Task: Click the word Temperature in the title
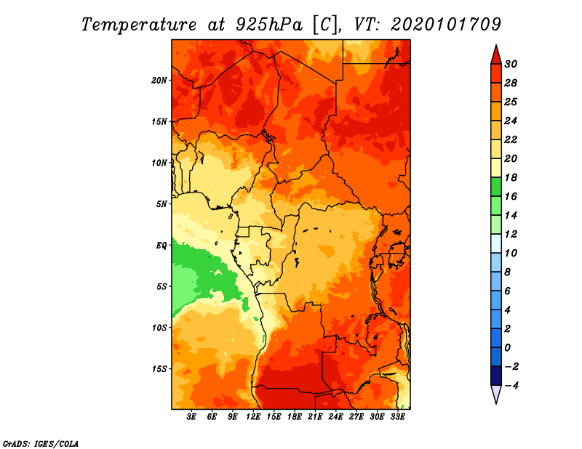pos(139,25)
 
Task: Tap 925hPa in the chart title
pos(269,25)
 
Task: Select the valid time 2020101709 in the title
pos(446,25)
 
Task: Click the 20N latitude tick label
pos(159,81)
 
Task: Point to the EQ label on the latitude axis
pos(161,246)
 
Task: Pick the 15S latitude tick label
pos(159,369)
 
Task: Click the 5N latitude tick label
pos(162,204)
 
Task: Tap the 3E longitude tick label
pos(191,417)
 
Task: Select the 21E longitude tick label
pos(315,417)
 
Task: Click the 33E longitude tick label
pos(397,417)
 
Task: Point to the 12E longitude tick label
pos(253,417)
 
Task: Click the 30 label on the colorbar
pos(511,64)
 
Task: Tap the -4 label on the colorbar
pos(511,386)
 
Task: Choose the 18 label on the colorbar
pos(511,177)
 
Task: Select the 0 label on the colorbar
pos(507,348)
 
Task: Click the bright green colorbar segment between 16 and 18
pos(496,187)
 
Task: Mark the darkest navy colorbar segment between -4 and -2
pos(496,376)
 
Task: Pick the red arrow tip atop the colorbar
pos(496,46)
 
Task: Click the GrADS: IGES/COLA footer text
pos(41,444)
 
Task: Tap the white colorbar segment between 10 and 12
pos(496,243)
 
